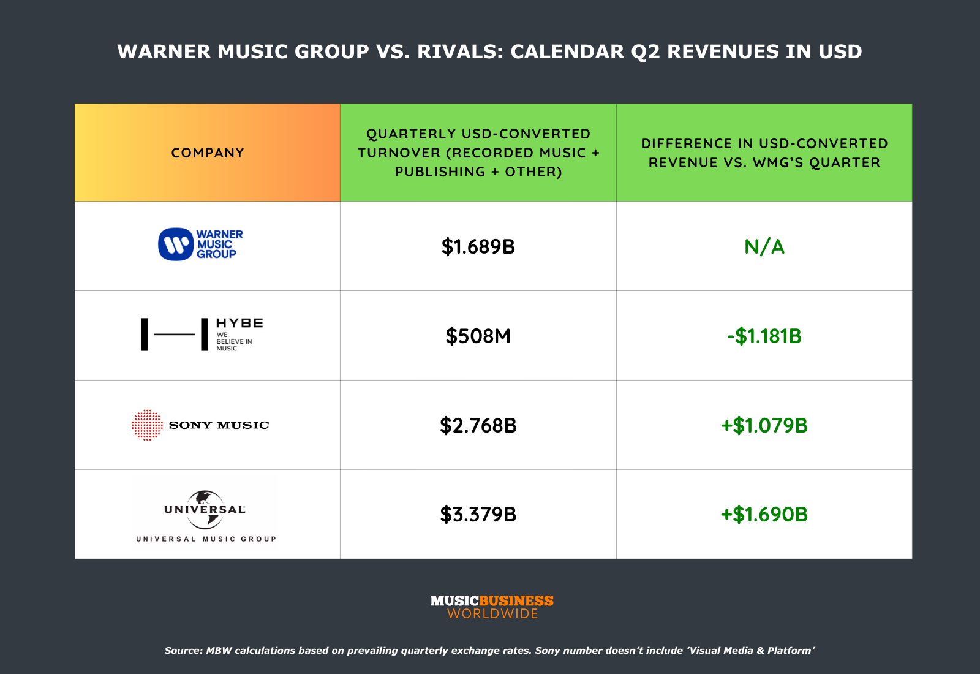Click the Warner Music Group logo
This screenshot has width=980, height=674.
(x=201, y=244)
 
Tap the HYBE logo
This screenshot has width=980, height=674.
(x=202, y=335)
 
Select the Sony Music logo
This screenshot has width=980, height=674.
(x=201, y=425)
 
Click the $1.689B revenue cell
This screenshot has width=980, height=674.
(x=478, y=246)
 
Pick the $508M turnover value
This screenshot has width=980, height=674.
(x=478, y=336)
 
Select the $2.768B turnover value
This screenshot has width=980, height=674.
(x=478, y=425)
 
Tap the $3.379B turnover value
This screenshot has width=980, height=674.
(x=478, y=514)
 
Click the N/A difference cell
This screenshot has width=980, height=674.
(x=764, y=246)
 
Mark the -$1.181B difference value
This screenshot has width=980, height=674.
(x=764, y=336)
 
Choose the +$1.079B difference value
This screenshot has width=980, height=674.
(x=764, y=425)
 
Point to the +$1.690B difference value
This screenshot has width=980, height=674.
(x=764, y=514)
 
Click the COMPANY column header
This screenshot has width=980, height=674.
(x=208, y=153)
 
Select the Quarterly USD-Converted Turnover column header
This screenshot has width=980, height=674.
(x=478, y=153)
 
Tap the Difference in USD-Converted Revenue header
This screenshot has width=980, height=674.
(x=764, y=153)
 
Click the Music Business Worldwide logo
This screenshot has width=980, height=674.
(x=492, y=607)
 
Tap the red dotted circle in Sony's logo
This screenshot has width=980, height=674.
(x=147, y=425)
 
